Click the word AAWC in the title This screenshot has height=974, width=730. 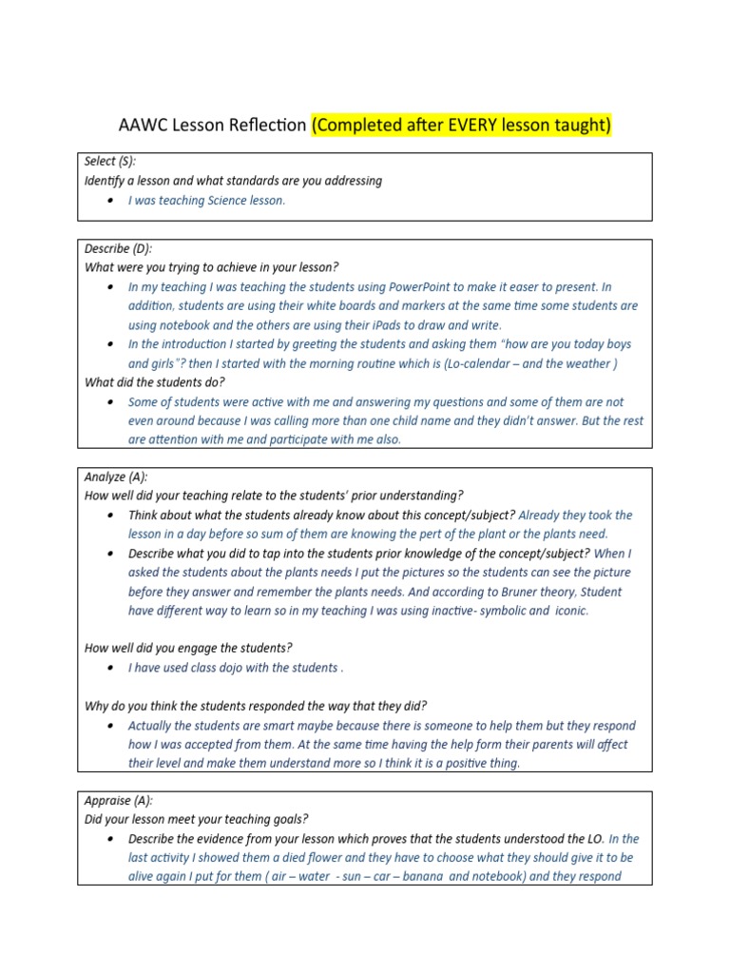click(141, 125)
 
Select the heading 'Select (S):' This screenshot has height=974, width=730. click(110, 162)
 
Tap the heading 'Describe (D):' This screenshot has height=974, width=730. click(118, 248)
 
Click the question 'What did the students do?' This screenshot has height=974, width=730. click(154, 382)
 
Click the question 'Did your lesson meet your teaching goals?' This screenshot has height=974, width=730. click(197, 819)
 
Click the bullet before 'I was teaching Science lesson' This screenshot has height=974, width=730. click(113, 201)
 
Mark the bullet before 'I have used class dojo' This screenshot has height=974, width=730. click(113, 668)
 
